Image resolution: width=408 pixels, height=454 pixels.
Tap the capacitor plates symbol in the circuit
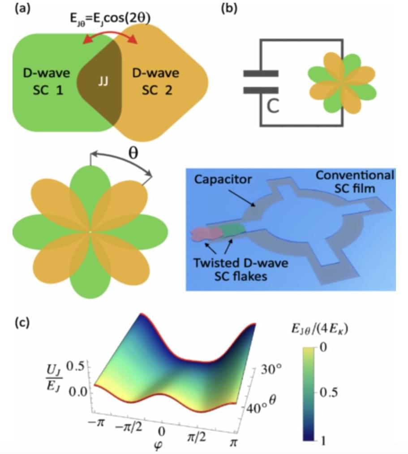261,81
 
